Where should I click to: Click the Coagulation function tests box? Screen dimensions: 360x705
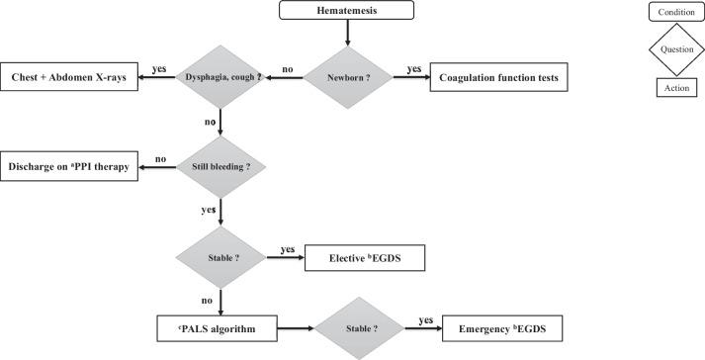pyautogui.click(x=498, y=78)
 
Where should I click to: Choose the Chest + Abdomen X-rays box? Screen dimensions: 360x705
pyautogui.click(x=70, y=78)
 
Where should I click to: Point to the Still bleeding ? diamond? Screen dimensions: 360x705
pyautogui.click(x=220, y=166)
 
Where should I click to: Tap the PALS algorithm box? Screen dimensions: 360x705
pyautogui.click(x=220, y=326)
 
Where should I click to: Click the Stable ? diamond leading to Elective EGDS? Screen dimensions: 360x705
pyautogui.click(x=220, y=258)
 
